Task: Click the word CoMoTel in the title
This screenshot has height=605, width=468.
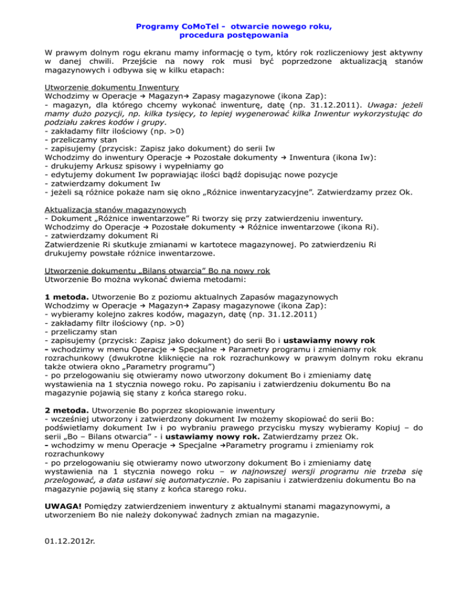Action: [187, 28]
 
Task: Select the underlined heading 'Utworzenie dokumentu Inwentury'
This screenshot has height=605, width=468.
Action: [112, 87]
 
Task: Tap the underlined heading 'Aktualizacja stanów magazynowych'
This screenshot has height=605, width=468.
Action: [119, 208]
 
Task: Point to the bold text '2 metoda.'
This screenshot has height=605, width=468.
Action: [69, 425]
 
